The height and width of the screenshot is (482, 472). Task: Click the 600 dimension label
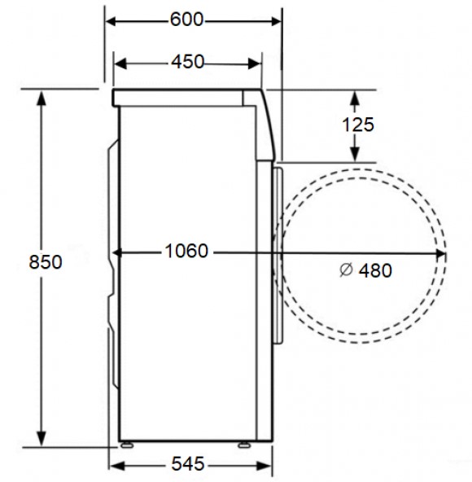187,20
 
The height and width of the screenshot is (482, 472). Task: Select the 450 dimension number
187,62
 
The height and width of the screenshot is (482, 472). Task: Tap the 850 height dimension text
46,262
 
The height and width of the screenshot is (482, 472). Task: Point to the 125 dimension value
358,125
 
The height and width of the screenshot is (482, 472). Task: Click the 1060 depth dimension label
186,251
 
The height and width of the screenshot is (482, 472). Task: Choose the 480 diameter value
375,270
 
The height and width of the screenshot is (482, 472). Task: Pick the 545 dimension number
188,463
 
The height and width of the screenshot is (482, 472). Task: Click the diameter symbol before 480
346,269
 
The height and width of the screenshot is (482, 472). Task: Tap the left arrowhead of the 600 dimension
111,21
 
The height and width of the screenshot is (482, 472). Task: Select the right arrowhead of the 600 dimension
276,21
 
